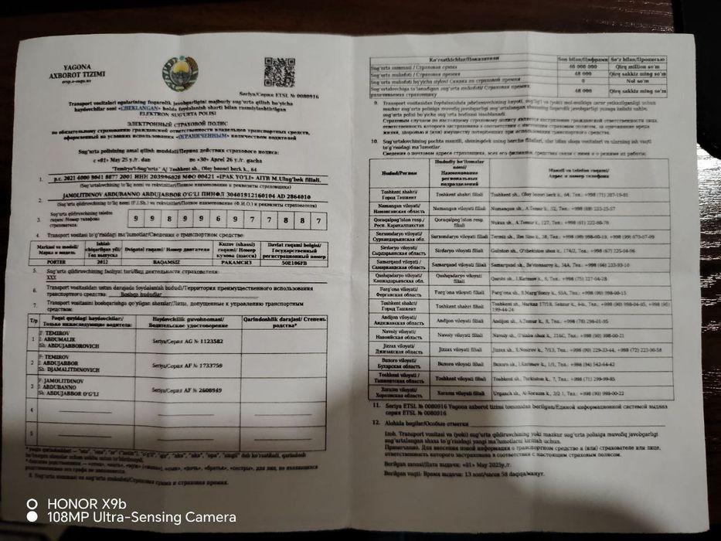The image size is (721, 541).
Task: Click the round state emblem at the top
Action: pyautogui.click(x=179, y=74)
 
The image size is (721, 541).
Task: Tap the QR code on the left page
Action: pyautogui.click(x=279, y=72)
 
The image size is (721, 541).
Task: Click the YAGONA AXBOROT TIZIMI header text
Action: pyautogui.click(x=84, y=76)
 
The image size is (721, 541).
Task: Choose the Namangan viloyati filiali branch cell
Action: pyautogui.click(x=460, y=209)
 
